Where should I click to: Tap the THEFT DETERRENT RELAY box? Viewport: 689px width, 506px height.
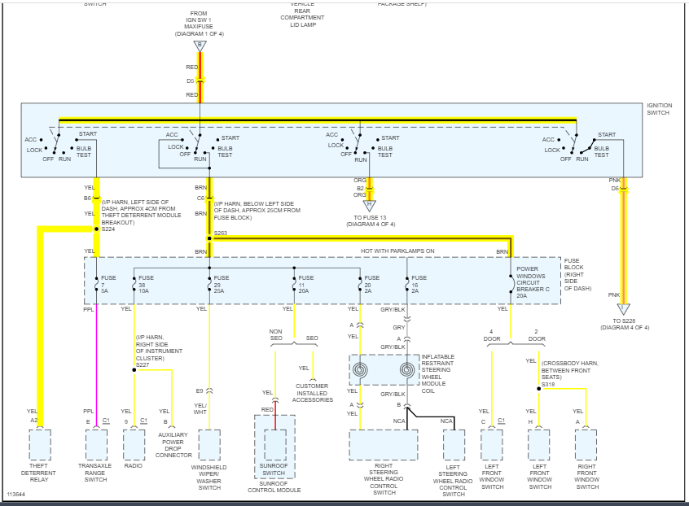(40, 445)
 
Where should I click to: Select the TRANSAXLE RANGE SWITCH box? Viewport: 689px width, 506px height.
(96, 445)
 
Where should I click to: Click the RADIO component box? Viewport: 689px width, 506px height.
(134, 445)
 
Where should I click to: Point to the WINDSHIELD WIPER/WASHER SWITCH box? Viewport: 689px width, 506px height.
(209, 445)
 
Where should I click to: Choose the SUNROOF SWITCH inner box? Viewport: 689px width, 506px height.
(274, 445)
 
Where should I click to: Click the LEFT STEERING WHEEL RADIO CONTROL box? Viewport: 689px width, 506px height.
(454, 445)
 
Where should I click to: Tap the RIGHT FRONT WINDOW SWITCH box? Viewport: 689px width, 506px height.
(586, 445)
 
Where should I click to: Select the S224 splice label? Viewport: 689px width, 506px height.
(108, 229)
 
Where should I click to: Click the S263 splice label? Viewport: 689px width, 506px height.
(220, 233)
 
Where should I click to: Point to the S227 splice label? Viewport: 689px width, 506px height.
(142, 364)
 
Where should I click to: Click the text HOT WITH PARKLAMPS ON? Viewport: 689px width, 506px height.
(397, 251)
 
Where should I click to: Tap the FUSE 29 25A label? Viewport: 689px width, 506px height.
(221, 284)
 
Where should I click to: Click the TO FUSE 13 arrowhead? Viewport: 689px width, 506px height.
(371, 206)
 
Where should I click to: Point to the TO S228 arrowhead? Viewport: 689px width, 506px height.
(623, 309)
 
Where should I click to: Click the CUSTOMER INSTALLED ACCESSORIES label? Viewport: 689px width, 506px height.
(314, 393)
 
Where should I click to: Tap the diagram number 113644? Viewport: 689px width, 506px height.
(16, 495)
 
